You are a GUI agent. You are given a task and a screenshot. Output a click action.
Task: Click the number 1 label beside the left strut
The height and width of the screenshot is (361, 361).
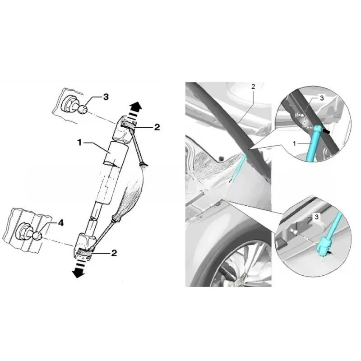[x=80, y=143]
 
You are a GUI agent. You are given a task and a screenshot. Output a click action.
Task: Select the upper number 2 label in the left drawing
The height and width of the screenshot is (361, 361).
[x=157, y=127]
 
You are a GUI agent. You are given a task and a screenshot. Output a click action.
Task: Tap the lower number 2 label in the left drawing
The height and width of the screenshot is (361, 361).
[x=114, y=253]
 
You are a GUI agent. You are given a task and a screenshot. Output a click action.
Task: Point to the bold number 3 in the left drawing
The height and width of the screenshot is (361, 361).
[x=106, y=97]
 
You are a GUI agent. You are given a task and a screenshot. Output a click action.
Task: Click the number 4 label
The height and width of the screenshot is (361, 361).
[x=60, y=223]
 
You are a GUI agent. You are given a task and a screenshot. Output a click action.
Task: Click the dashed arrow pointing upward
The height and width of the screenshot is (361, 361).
[x=135, y=111]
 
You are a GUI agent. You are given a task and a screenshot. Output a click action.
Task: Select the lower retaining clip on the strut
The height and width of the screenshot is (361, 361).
[x=84, y=253]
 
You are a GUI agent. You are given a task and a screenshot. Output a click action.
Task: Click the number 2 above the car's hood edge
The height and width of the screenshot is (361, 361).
[x=253, y=87]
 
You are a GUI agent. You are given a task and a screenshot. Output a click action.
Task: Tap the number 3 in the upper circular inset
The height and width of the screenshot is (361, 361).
[x=322, y=98]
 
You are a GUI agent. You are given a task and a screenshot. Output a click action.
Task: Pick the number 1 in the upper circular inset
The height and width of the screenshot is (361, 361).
[x=294, y=143]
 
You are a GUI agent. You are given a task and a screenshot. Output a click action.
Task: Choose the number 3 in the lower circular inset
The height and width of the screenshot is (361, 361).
[x=317, y=217]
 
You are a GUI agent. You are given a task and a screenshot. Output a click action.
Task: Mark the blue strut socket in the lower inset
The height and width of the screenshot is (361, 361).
[x=324, y=245]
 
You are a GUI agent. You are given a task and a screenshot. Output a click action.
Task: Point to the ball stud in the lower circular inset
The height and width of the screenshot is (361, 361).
[x=294, y=231]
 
